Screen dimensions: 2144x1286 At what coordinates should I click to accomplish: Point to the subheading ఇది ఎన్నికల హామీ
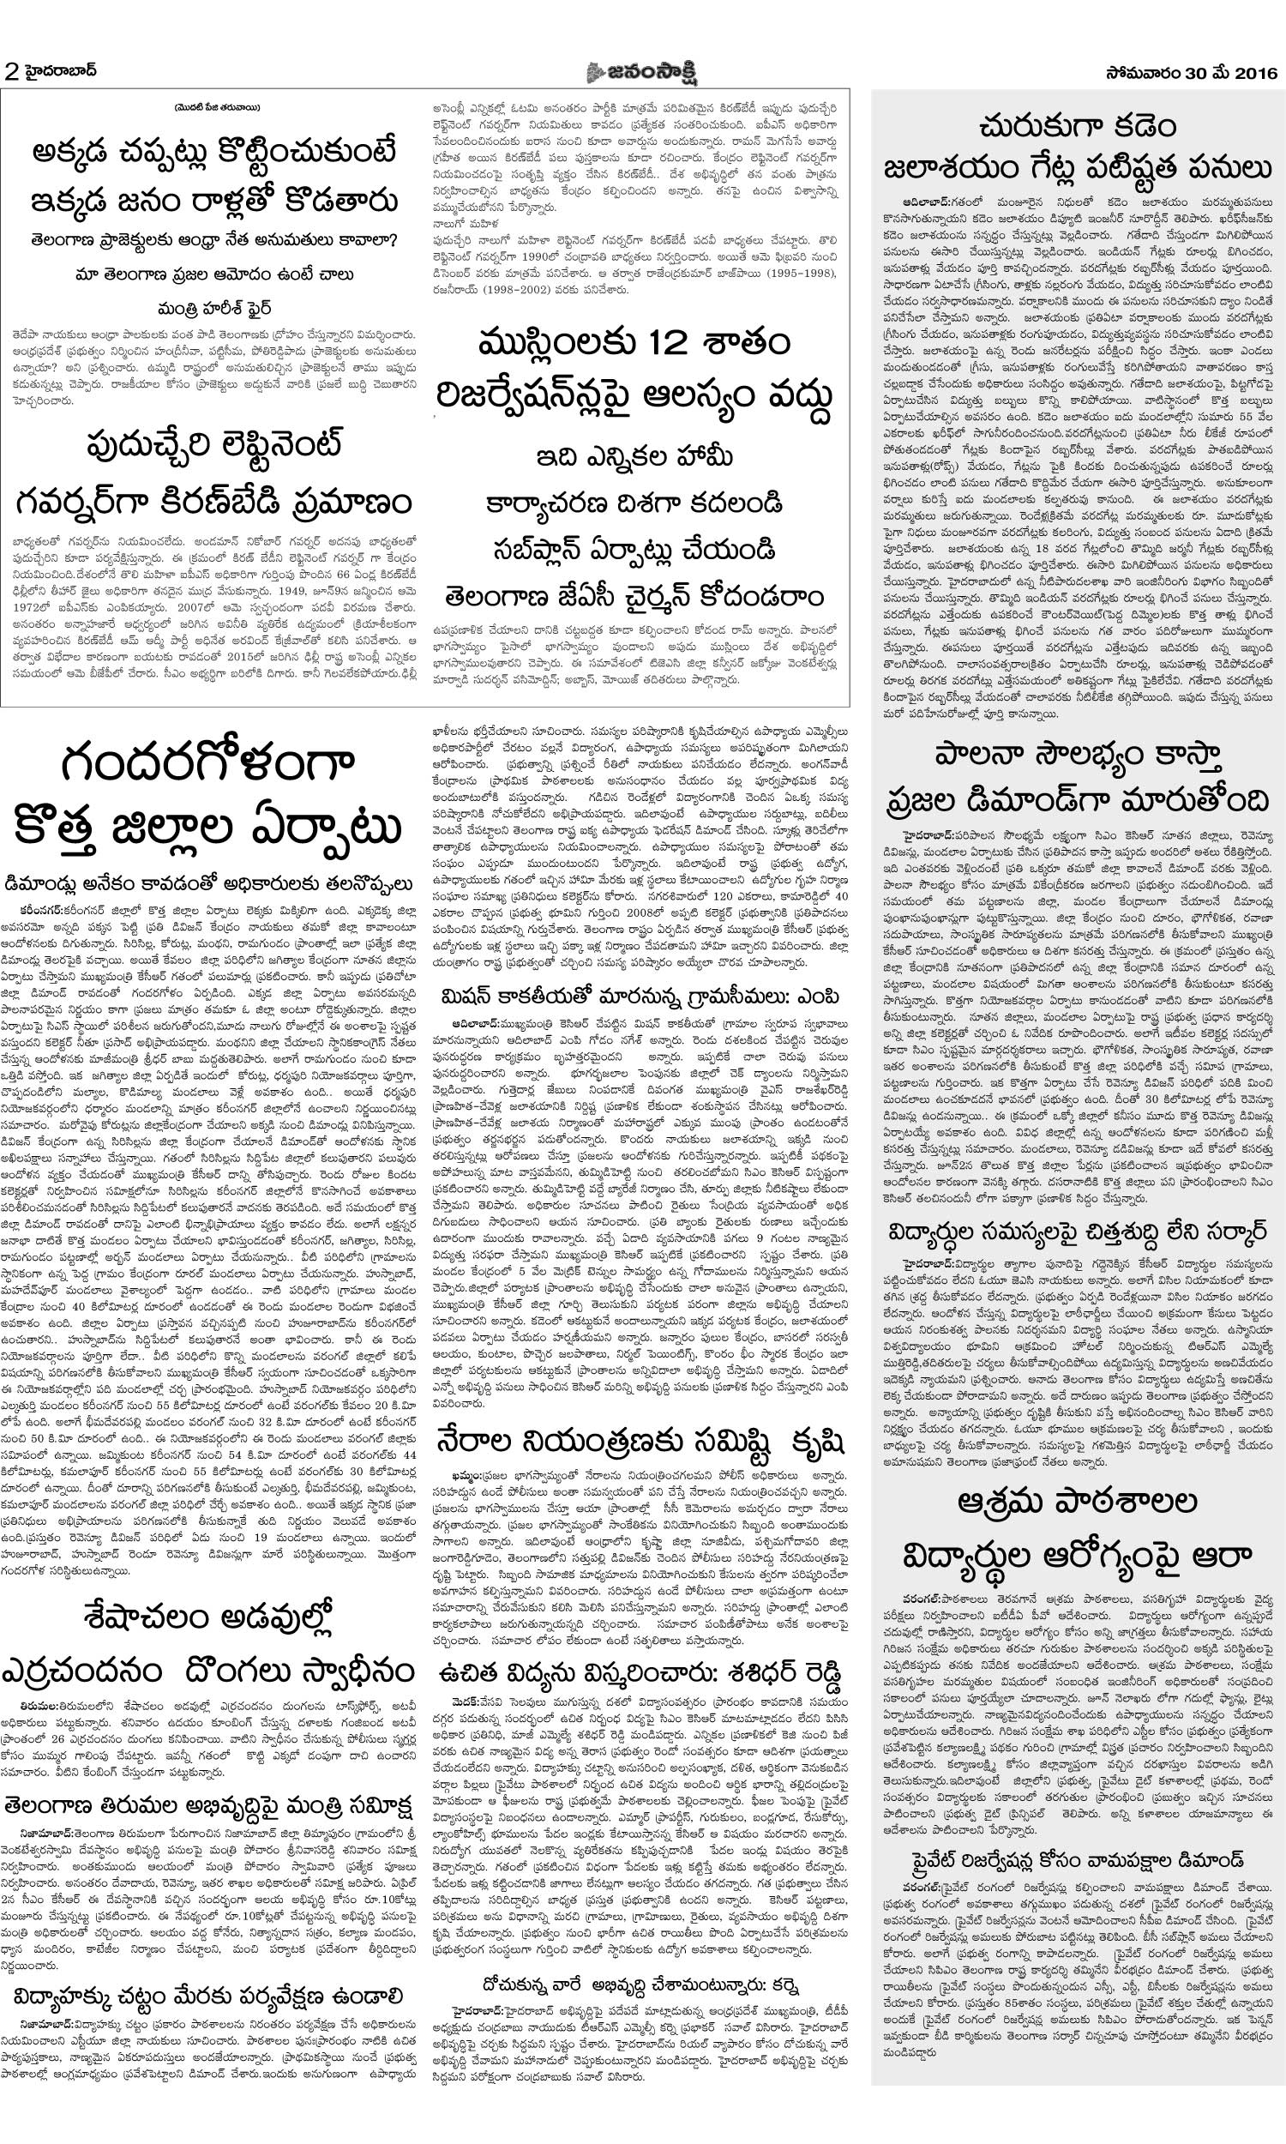point(634,456)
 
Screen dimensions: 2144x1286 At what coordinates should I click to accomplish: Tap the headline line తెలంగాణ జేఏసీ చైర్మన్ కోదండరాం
point(634,597)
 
